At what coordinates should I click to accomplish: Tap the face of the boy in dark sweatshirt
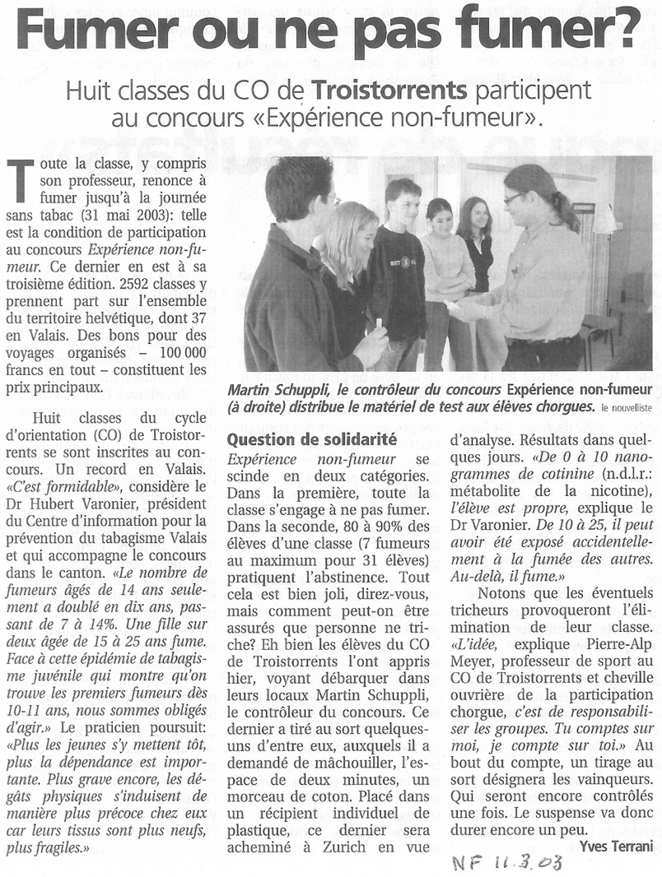click(x=403, y=199)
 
